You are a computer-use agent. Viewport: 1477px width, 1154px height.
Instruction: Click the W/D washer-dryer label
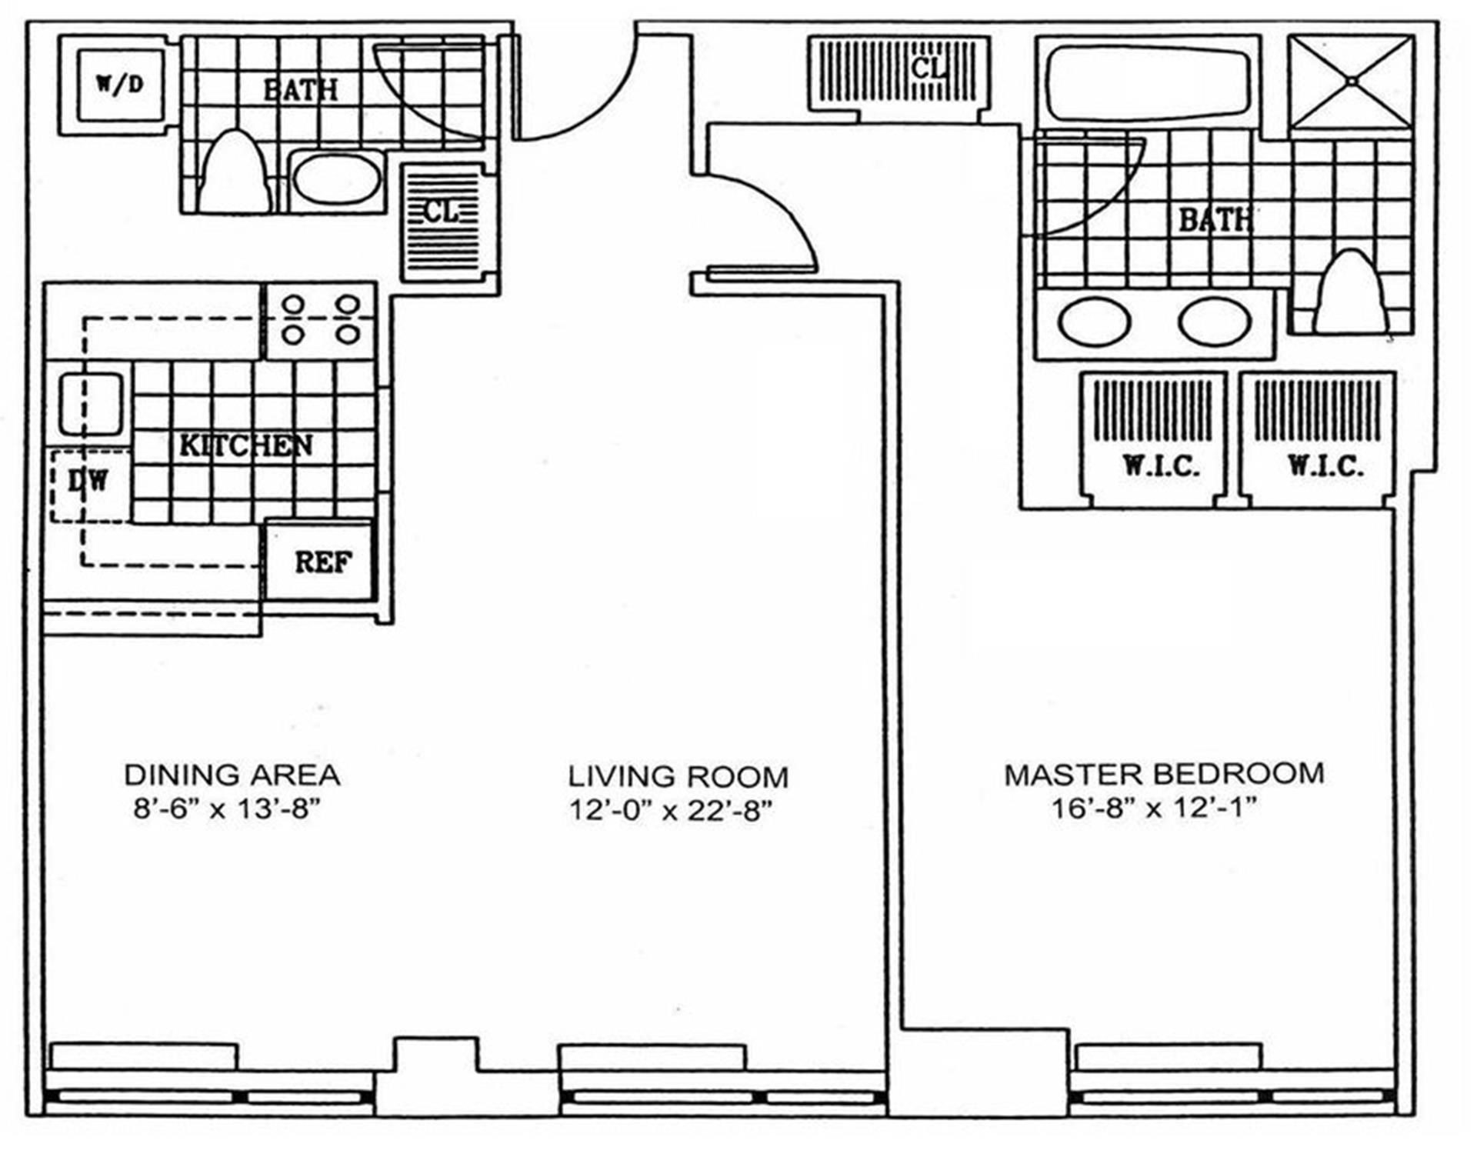click(x=120, y=84)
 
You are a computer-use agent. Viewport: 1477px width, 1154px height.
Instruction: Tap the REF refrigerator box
click(x=322, y=562)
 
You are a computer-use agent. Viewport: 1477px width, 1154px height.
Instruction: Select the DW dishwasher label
click(x=88, y=482)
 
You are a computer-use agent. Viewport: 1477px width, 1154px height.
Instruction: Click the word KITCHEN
click(x=245, y=445)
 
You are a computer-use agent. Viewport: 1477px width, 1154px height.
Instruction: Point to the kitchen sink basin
click(x=92, y=404)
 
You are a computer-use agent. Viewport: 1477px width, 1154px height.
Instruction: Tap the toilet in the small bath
click(x=234, y=172)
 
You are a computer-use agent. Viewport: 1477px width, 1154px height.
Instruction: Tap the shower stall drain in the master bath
click(x=1352, y=81)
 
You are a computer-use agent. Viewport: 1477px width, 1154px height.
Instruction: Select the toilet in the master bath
click(x=1350, y=292)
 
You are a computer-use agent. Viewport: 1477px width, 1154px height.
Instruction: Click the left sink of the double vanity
click(x=1093, y=321)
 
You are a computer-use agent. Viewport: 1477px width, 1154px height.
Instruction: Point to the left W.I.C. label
click(x=1159, y=465)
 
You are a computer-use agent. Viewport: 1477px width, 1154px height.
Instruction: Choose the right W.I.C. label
click(x=1325, y=465)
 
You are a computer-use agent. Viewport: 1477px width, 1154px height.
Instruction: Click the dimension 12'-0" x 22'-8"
click(x=669, y=811)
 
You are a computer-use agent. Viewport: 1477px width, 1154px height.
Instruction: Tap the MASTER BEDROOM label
click(x=1164, y=773)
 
